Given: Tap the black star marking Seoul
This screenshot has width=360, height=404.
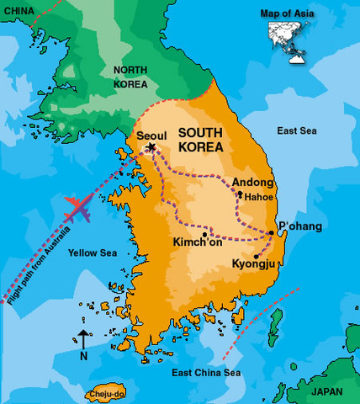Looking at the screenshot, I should coord(151,148).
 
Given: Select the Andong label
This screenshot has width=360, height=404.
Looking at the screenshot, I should coord(252,183).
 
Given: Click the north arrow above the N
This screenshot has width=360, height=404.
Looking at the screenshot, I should coord(84,338).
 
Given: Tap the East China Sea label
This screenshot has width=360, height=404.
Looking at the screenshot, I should coord(206,372).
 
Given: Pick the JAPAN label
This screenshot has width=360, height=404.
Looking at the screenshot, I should coord(327,391).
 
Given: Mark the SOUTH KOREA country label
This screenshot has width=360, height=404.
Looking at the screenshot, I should coord(200,141).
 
